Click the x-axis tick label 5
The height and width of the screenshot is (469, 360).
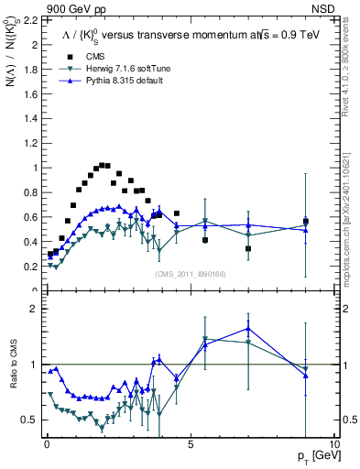pos(190,443)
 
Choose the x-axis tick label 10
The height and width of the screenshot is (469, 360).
pos(333,443)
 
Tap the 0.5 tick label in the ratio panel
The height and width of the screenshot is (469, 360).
pos(27,420)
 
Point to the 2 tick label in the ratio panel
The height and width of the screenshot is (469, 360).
pos(33,310)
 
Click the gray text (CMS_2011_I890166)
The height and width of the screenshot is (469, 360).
pos(190,274)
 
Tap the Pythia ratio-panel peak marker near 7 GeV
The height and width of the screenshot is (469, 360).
pos(248,329)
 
